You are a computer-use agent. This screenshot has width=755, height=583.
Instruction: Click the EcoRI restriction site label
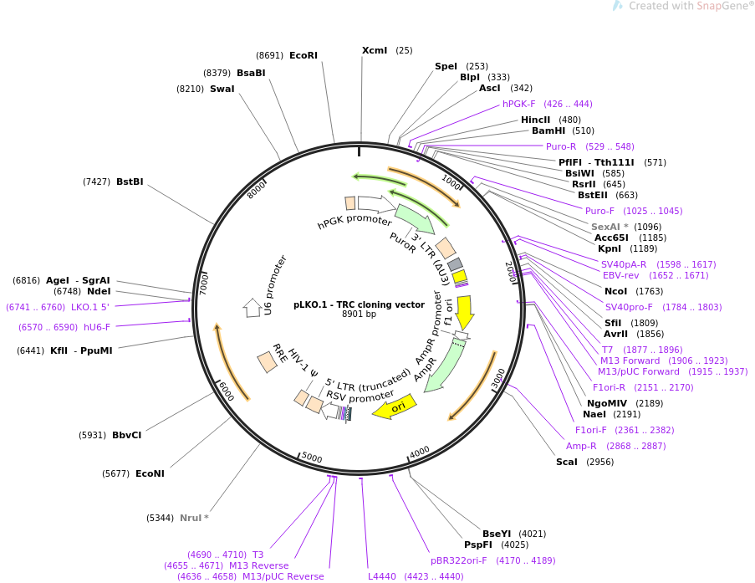coord(304,55)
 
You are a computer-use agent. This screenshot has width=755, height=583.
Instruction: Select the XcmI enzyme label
coord(375,50)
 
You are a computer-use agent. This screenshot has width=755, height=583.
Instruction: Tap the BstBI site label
coord(130,182)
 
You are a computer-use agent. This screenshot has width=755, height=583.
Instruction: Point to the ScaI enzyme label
coord(567,462)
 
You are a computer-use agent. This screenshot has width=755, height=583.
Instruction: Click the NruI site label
coord(194,518)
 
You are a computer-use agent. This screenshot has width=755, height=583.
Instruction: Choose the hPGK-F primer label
coord(518,104)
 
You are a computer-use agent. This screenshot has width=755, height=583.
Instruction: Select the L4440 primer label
coord(382,576)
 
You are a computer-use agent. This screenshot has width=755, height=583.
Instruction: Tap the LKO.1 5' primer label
coord(90,307)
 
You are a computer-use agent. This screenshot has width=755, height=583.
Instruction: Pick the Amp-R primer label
coord(581,446)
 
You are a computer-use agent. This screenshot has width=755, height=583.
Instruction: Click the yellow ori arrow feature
coord(394,407)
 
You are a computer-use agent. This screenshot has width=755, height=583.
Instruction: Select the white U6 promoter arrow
coord(252,308)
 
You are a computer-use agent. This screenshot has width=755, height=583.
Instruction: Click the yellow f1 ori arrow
coord(465,312)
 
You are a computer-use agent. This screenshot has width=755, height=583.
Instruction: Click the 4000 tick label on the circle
coord(420,452)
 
